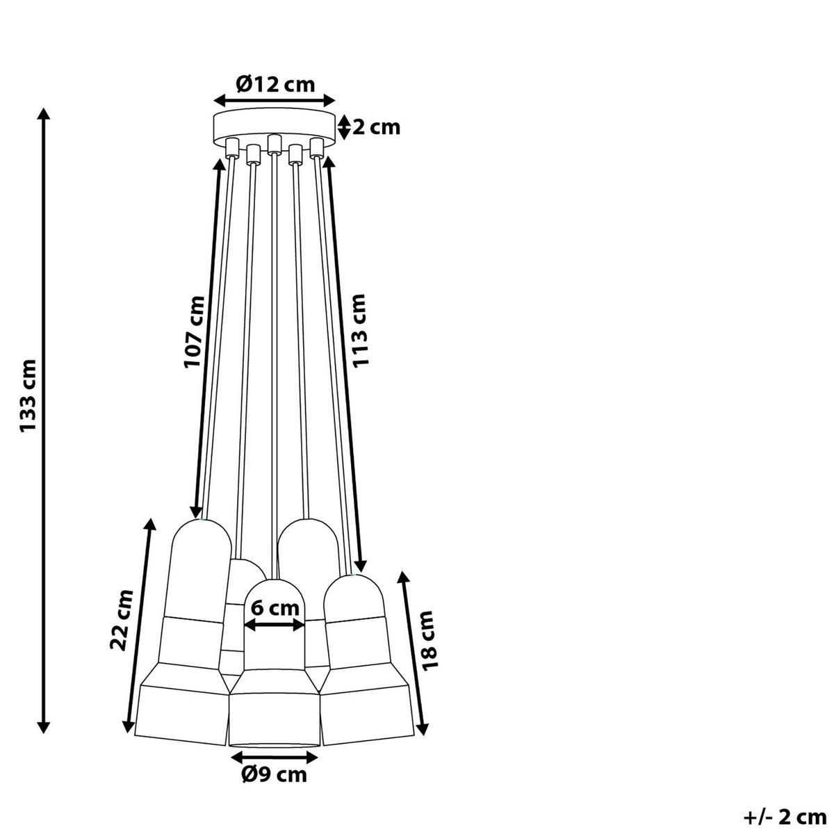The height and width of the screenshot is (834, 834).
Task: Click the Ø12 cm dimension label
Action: [275, 84]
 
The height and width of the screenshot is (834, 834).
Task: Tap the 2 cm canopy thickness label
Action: [376, 128]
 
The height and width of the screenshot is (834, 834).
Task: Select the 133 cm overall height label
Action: [28, 395]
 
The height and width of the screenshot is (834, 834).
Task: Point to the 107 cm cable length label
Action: [193, 332]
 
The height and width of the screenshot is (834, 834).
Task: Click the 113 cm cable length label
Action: [359, 331]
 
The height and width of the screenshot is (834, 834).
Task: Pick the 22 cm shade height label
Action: [123, 620]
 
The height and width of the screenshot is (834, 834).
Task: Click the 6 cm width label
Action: [275, 608]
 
